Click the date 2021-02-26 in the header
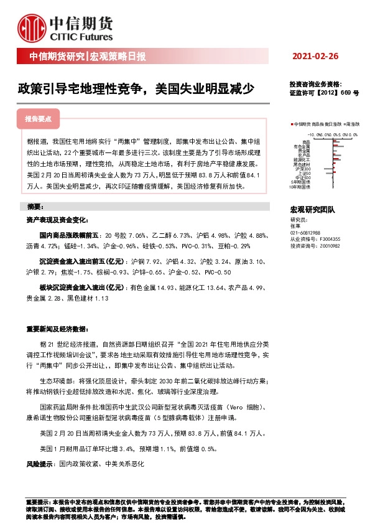315,57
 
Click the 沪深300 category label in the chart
304,169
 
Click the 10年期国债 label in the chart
301,187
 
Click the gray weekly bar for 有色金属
339,146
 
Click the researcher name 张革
295,226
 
